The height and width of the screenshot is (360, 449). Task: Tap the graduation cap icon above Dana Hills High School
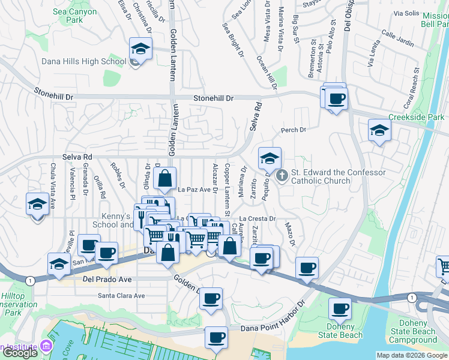pos(140,49)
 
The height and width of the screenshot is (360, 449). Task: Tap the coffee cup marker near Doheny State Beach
pos(340,309)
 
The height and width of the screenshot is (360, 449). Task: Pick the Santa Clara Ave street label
pos(121,295)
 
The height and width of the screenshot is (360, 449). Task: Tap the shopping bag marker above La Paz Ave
pos(164,179)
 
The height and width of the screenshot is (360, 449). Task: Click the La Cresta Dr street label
pos(258,219)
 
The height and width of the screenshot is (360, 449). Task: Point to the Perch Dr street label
pos(294,130)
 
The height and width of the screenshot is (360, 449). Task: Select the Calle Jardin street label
pos(397,42)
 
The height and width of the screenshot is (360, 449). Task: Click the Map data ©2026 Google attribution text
pos(411,355)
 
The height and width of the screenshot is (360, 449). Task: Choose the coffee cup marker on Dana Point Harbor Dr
pos(216,338)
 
